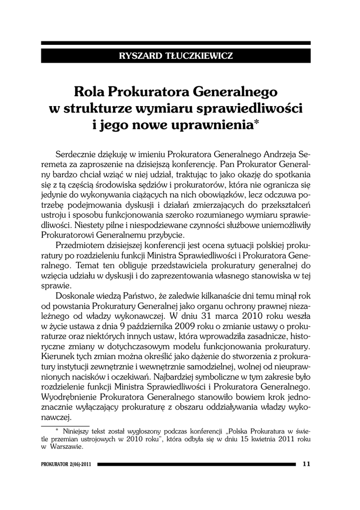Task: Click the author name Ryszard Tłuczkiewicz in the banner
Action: click(x=176, y=56)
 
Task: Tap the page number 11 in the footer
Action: click(x=307, y=464)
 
